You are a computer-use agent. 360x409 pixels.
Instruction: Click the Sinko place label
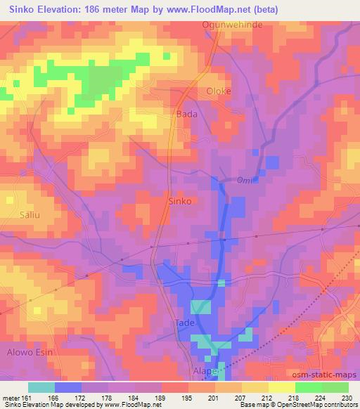pyautogui.click(x=181, y=200)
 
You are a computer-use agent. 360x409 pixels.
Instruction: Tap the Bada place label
pyautogui.click(x=186, y=114)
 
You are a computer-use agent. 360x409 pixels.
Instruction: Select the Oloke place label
pyautogui.click(x=218, y=91)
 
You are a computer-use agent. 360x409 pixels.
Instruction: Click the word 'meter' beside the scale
pyautogui.click(x=10, y=397)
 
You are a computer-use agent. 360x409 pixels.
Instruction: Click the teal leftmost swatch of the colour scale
pyautogui.click(x=41, y=387)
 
